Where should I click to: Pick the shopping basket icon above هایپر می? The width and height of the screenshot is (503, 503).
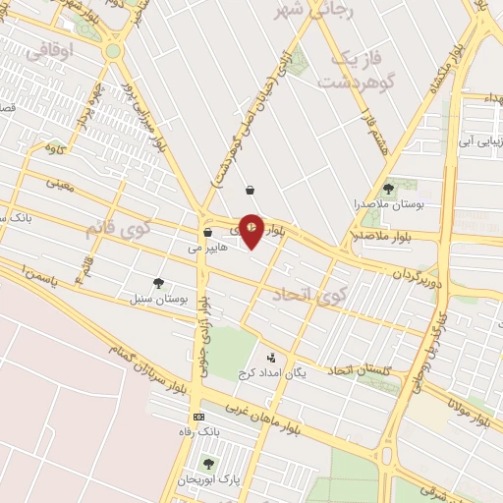pos(207,234)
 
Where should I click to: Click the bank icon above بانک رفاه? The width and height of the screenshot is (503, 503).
pos(199,417)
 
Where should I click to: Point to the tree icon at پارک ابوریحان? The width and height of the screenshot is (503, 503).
pos(207,463)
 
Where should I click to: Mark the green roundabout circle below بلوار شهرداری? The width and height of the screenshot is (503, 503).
pos(113,50)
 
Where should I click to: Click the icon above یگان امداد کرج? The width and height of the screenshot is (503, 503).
pos(272,359)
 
